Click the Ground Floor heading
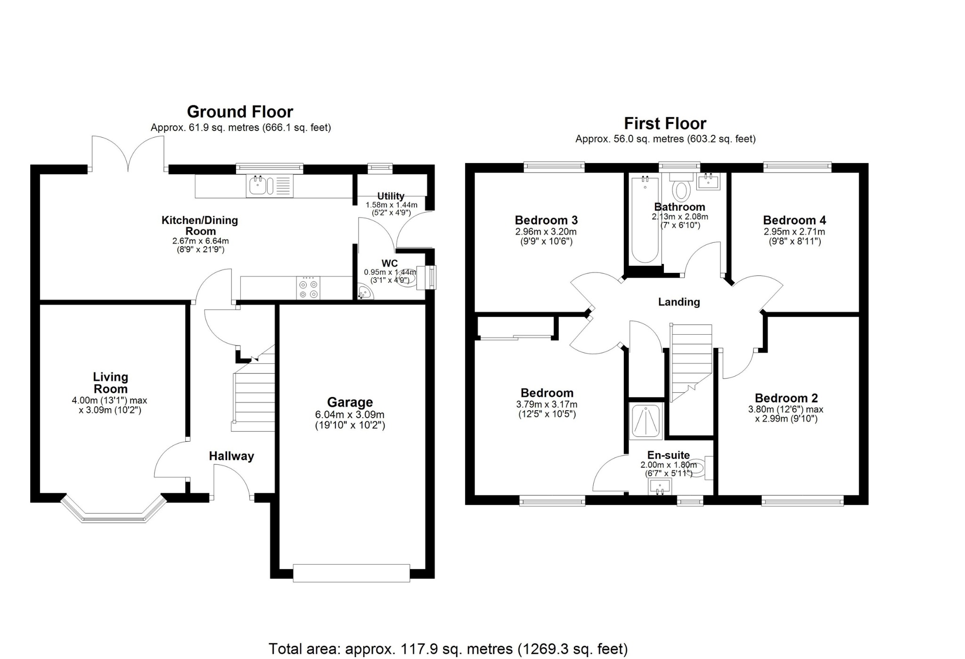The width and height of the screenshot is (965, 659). click(x=240, y=112)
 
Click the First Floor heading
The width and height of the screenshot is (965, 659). click(x=665, y=124)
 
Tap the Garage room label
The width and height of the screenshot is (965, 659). click(x=350, y=402)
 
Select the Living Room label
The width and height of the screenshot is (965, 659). click(x=110, y=383)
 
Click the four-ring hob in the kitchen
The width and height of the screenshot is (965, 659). click(x=308, y=288)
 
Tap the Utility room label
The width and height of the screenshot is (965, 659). click(x=391, y=196)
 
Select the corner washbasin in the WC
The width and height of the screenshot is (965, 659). click(x=365, y=293)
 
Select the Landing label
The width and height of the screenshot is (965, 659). click(x=679, y=302)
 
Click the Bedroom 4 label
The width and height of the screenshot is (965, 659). click(x=794, y=220)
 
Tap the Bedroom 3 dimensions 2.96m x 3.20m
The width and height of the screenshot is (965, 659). click(x=546, y=232)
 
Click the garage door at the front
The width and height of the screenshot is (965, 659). click(x=352, y=573)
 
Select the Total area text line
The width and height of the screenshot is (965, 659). click(x=448, y=649)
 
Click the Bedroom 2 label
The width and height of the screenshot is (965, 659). click(x=786, y=398)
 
